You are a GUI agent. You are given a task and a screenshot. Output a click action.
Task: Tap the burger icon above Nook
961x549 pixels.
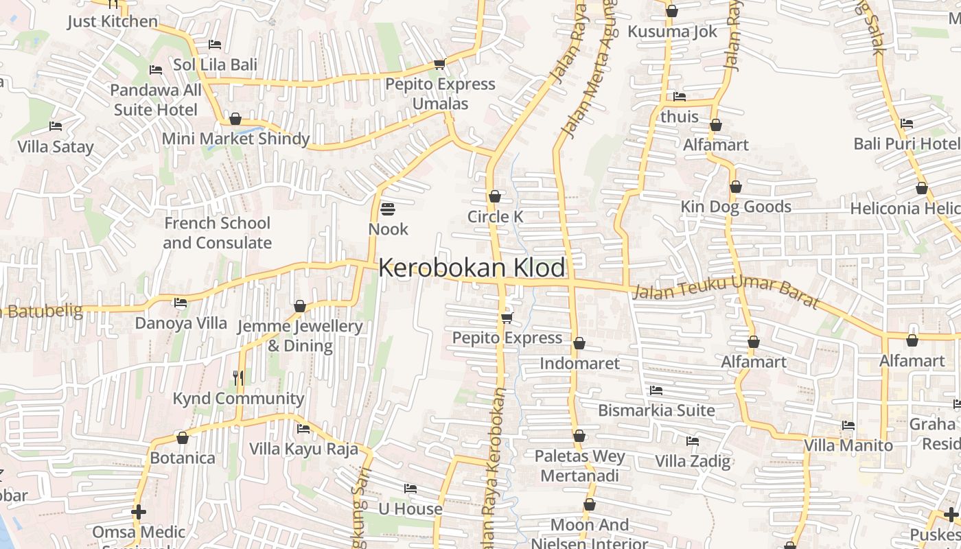point(388,209)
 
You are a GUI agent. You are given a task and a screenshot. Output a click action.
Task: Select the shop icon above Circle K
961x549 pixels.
point(494,197)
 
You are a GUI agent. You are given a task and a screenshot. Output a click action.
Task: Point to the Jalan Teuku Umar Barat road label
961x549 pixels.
point(726,290)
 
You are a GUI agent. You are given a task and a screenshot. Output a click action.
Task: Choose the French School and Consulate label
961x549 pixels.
point(217,233)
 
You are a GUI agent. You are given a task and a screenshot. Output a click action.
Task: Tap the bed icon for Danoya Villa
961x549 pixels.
point(181,302)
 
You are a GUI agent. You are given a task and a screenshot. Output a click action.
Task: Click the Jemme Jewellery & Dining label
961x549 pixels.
point(299,336)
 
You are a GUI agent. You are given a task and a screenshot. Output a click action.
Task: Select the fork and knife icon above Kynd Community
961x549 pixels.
point(238,377)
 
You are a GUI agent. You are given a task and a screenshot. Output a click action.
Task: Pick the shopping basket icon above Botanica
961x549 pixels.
point(183,438)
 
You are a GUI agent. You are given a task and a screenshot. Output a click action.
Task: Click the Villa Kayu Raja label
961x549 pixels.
point(303,449)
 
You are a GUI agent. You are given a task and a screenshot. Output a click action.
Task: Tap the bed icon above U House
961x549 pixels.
point(410,489)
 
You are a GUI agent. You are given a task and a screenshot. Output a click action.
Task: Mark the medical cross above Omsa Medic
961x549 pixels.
point(139,512)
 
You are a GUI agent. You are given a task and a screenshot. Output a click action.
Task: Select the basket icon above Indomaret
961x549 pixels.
point(579,343)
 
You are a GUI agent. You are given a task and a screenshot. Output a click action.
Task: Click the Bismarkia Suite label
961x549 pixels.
point(656,410)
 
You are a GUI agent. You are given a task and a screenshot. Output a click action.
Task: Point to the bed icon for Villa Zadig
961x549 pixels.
point(693,441)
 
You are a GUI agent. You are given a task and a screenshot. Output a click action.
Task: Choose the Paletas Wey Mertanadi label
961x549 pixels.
point(579,466)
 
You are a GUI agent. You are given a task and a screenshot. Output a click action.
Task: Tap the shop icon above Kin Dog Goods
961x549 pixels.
point(736,187)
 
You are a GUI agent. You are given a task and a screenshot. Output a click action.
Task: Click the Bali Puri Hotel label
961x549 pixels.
point(905,143)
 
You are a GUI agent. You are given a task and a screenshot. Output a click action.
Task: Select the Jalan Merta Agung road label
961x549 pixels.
point(588,69)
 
